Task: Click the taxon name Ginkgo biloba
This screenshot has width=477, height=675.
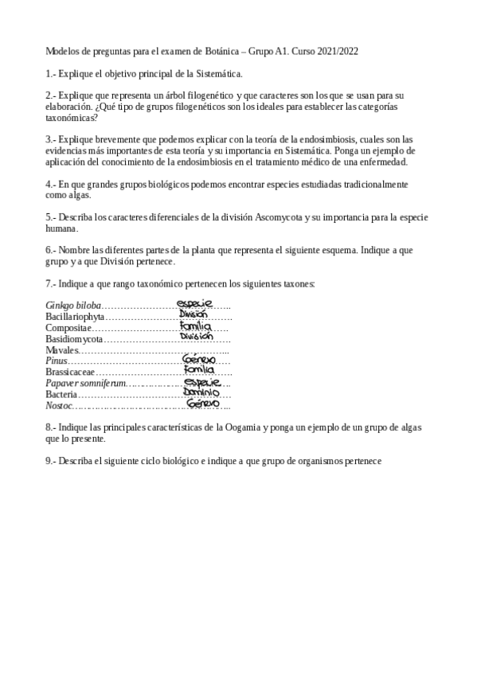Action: point(73,305)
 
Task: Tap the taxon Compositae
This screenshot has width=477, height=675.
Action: point(68,327)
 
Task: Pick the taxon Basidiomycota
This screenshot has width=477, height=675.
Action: point(74,338)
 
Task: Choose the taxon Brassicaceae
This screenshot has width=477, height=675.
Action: point(70,372)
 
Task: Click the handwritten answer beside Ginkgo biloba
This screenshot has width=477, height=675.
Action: point(195,303)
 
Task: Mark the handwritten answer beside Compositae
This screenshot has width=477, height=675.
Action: point(196,326)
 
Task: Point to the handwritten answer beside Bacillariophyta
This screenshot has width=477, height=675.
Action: point(194,314)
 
